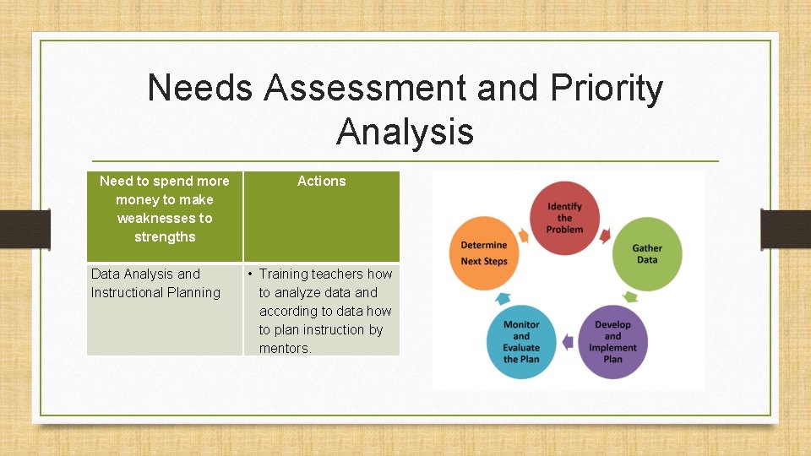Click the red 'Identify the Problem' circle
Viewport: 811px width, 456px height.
coord(564,217)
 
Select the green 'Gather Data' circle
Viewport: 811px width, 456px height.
coord(647,253)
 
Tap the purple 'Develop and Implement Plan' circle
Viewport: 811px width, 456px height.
coord(612,341)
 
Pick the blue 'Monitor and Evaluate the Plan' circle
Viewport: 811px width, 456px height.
coord(521,341)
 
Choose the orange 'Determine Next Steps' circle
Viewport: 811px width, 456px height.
coord(484,252)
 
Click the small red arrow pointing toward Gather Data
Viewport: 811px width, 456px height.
coord(604,236)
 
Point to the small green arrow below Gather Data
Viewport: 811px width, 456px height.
coord(629,296)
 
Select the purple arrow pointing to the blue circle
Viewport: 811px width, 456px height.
coord(567,342)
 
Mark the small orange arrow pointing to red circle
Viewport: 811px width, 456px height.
coord(523,234)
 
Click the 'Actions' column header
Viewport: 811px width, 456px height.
coord(321,181)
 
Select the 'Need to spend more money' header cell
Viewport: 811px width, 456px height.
coord(165,209)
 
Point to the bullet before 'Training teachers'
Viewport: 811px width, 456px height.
coord(251,274)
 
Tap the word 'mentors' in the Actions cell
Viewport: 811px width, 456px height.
coord(285,348)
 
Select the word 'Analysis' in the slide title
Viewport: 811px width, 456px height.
coord(405,132)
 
